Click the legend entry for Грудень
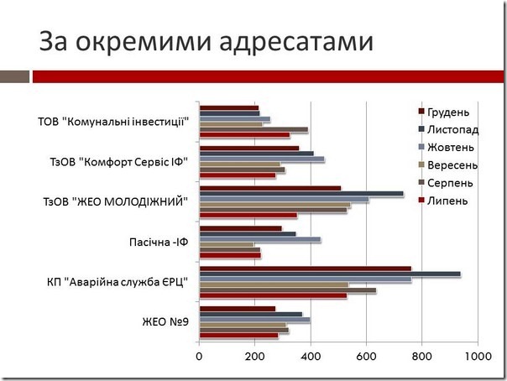[x=447, y=112]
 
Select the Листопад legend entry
[x=452, y=130]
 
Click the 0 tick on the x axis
[x=199, y=357]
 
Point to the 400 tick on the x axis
[x=311, y=357]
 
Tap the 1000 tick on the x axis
[x=477, y=357]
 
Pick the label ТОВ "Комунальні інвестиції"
[x=113, y=122]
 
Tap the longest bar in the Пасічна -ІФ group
[x=259, y=240]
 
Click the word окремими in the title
[x=133, y=43]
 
